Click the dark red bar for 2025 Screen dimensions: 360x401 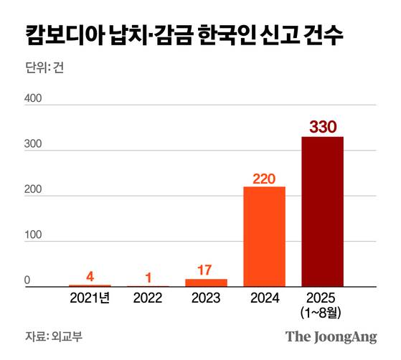pos(322,212)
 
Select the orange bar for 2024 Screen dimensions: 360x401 pos(264,237)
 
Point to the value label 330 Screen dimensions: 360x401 pos(322,126)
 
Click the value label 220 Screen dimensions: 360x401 pos(264,177)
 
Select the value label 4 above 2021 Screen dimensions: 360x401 pos(90,276)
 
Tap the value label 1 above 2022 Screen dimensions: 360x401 pos(148,277)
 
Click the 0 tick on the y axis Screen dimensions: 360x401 pos(28,280)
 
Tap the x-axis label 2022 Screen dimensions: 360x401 pos(148,297)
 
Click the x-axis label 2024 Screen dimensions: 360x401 pos(264,297)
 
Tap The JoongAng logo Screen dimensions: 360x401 pos(331,336)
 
